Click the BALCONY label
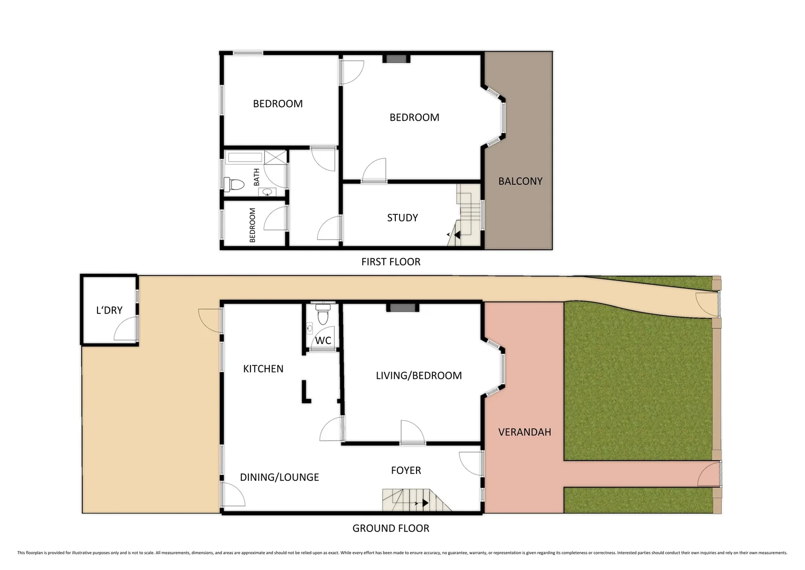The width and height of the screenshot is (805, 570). pyautogui.click(x=520, y=181)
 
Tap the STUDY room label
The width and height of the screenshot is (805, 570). pyautogui.click(x=402, y=217)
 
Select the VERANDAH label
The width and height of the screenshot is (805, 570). pyautogui.click(x=525, y=432)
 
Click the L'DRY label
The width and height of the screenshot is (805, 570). pyautogui.click(x=109, y=310)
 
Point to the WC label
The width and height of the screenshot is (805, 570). pyautogui.click(x=323, y=340)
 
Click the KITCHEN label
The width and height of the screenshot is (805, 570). pyautogui.click(x=263, y=369)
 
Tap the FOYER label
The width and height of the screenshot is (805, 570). pyautogui.click(x=406, y=470)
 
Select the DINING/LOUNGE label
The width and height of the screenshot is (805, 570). pyautogui.click(x=279, y=477)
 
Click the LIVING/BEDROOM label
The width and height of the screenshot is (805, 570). pyautogui.click(x=419, y=375)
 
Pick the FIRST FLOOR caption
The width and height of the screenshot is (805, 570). pyautogui.click(x=391, y=262)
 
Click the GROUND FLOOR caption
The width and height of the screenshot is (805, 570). pyautogui.click(x=391, y=528)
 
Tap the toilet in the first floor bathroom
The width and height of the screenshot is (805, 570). pyautogui.click(x=234, y=184)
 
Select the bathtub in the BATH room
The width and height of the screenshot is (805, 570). pyautogui.click(x=245, y=157)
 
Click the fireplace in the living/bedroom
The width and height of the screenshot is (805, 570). pyautogui.click(x=403, y=307)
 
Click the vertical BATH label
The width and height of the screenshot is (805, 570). pyautogui.click(x=257, y=177)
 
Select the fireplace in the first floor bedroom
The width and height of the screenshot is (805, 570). pyautogui.click(x=397, y=59)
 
